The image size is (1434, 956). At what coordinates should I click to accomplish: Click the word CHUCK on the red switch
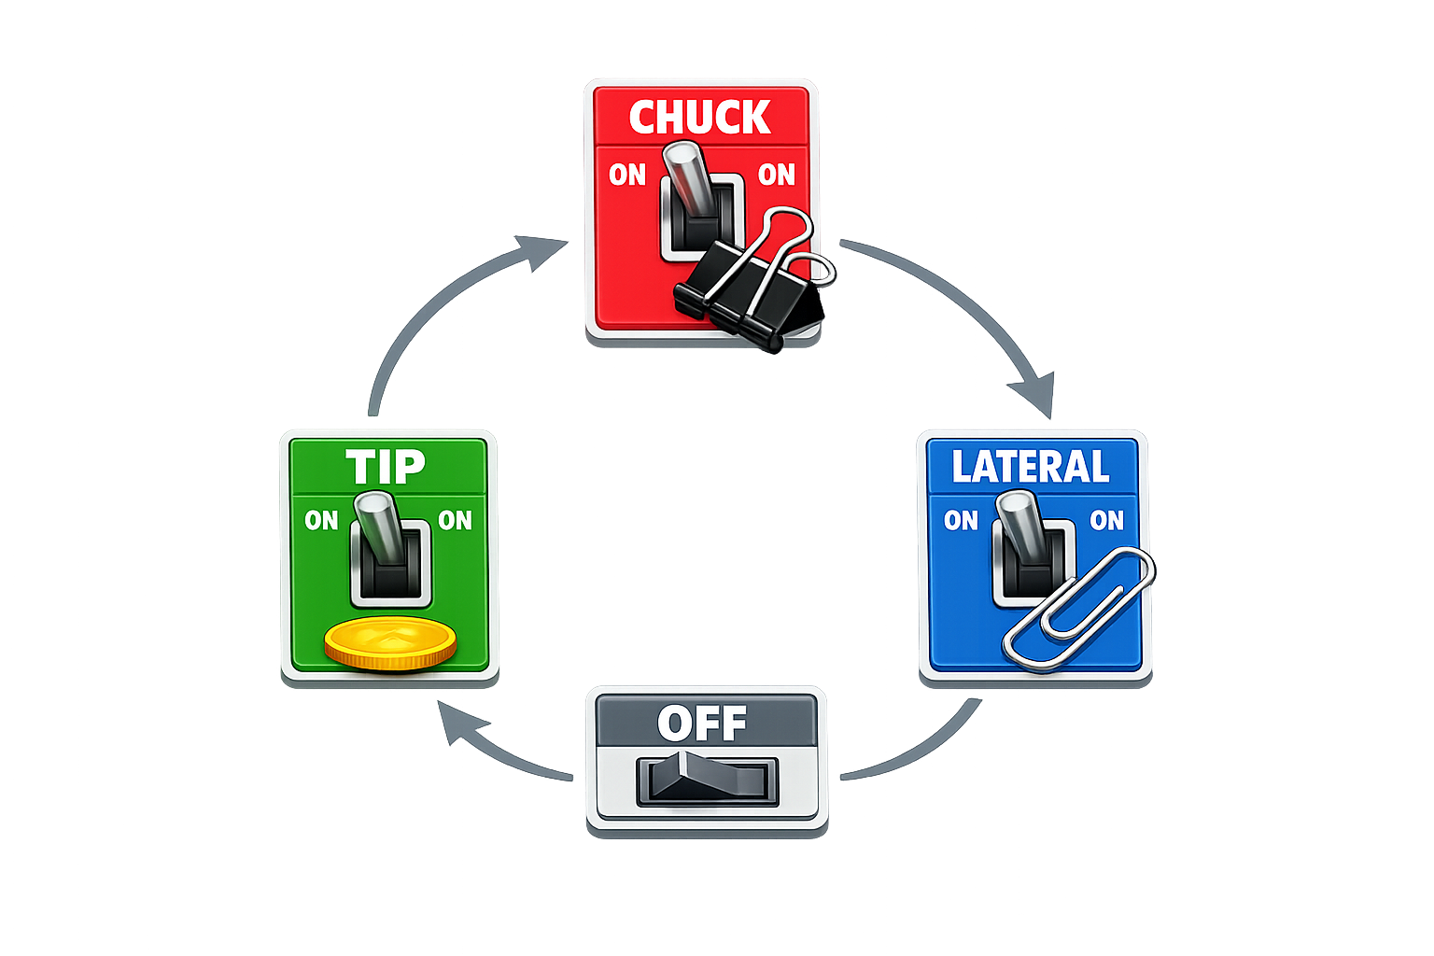point(699,118)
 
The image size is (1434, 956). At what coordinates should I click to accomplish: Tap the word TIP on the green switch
point(385,467)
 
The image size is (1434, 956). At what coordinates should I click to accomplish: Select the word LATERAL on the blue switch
point(1030,467)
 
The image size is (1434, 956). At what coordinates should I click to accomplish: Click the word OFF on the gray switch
point(702,723)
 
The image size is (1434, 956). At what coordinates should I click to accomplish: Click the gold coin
point(390,643)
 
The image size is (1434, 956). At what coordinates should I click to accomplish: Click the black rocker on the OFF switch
point(707,780)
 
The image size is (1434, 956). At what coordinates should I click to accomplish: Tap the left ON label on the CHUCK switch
point(627,175)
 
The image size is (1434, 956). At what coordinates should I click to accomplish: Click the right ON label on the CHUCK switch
point(776,175)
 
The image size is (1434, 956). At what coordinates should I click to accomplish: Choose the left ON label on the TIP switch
point(321,520)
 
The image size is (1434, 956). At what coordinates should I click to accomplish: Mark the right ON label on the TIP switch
point(455,520)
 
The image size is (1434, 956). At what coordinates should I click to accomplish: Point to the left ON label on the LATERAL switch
point(961,520)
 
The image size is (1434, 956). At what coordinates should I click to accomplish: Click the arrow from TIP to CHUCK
point(439,299)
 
